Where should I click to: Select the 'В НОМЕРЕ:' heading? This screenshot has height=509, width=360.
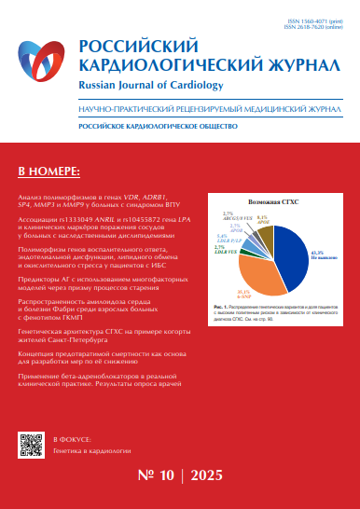[x=49, y=172]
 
